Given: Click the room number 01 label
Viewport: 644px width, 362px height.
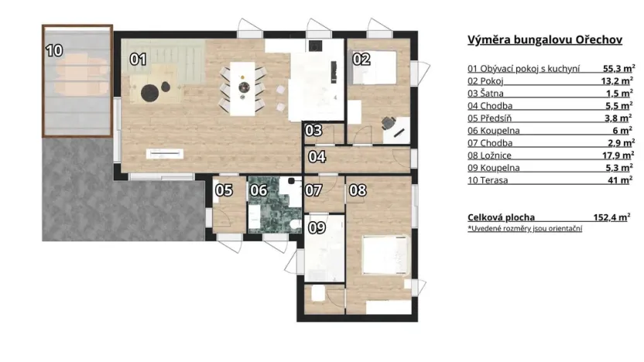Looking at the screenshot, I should (138, 58).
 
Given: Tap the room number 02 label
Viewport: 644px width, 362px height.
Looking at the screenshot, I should (361, 58).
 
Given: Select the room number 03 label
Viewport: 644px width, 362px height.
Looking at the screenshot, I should (313, 131).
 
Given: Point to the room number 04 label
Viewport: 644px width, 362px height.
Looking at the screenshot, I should (317, 157).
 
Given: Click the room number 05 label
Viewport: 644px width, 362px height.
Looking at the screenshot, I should (224, 190).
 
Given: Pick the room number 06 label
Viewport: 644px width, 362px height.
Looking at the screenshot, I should (259, 190).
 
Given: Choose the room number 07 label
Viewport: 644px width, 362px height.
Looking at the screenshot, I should (313, 190).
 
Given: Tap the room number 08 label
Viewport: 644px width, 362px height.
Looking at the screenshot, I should (357, 190).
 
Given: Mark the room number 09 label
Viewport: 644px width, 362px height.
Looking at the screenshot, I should (317, 227).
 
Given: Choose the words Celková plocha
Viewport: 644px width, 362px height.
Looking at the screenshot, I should (501, 217).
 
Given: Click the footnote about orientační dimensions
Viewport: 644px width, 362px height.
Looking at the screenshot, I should (524, 230).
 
